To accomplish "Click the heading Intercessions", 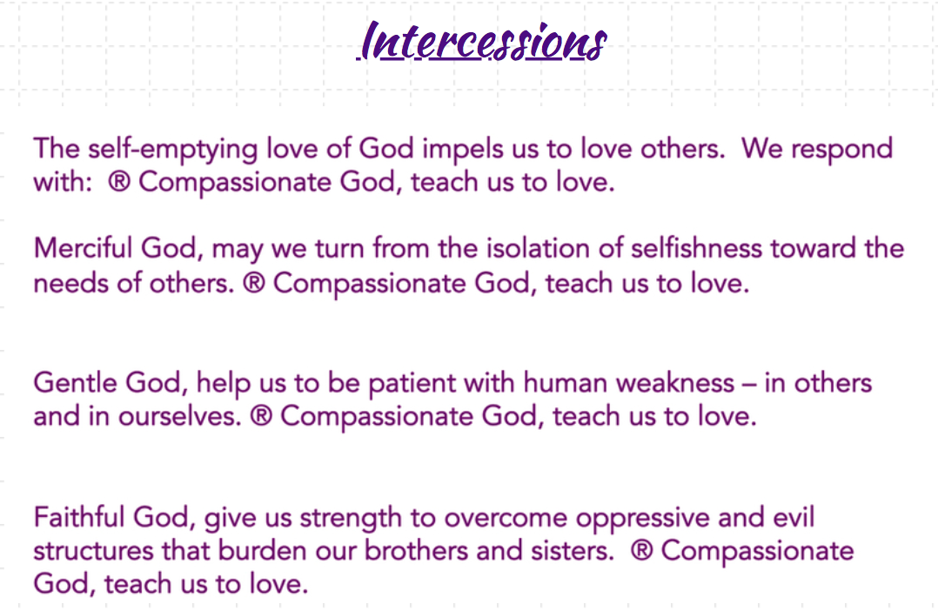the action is click(x=482, y=41).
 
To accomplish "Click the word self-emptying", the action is click(x=173, y=149).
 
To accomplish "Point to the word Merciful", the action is click(x=83, y=248).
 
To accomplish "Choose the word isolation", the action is click(x=537, y=248).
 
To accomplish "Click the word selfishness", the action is click(x=696, y=248).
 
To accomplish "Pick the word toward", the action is click(x=814, y=248).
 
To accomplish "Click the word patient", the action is click(x=411, y=384).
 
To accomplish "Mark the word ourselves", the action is click(x=179, y=417).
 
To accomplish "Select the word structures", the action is click(x=93, y=551).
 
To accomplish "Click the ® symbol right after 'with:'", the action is click(x=119, y=182).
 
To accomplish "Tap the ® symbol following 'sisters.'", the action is click(x=641, y=551).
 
